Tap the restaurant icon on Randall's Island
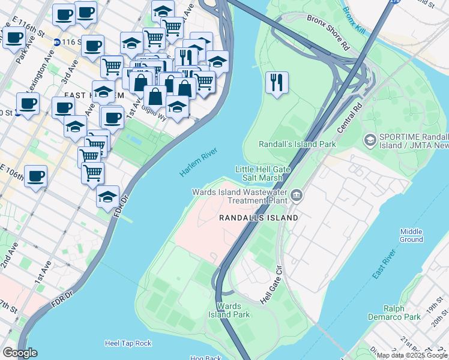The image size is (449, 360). [277, 83]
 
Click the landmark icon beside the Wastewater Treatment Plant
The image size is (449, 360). [297, 196]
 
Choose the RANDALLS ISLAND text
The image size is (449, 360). [258, 218]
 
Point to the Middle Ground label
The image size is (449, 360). [411, 235]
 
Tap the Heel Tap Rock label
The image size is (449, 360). [128, 343]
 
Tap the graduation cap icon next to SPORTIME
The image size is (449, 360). [370, 140]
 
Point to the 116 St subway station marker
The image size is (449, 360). [57, 42]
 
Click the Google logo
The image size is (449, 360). [20, 352]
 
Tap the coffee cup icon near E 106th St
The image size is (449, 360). [35, 176]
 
